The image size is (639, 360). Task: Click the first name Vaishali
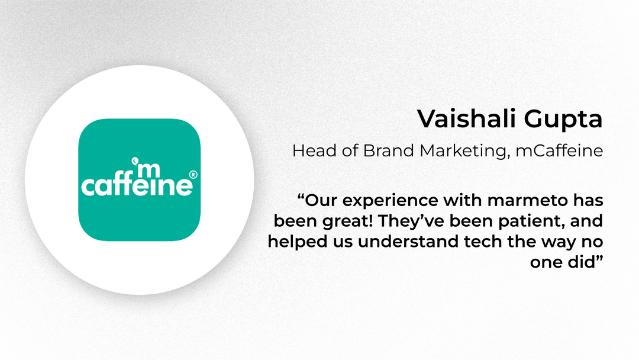coord(467,118)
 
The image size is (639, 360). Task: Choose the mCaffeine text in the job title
coord(559,150)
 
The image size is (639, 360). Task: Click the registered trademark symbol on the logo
coord(193,175)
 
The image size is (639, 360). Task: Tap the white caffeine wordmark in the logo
coord(137,185)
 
